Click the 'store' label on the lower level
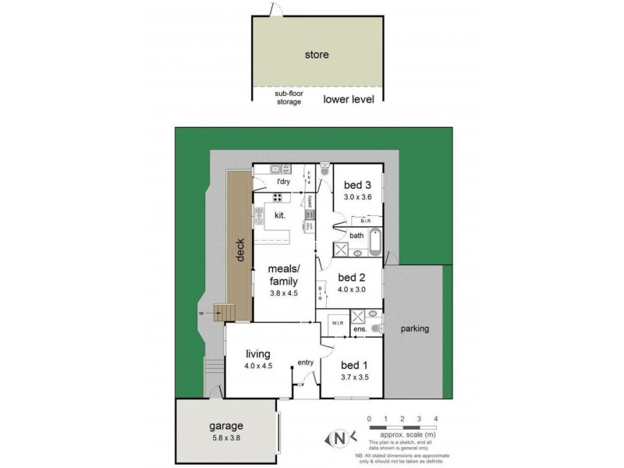pos(317,55)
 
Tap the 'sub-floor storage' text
pos(288,97)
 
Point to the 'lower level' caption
pos(349,99)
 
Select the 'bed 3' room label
pos(357,185)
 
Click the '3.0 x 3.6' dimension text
pos(357,197)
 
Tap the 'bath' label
pos(356,235)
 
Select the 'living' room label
pos(258,353)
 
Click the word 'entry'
pos(304,363)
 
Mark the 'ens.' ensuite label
pos(361,331)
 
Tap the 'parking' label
pos(414,328)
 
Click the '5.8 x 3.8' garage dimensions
pos(225,439)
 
